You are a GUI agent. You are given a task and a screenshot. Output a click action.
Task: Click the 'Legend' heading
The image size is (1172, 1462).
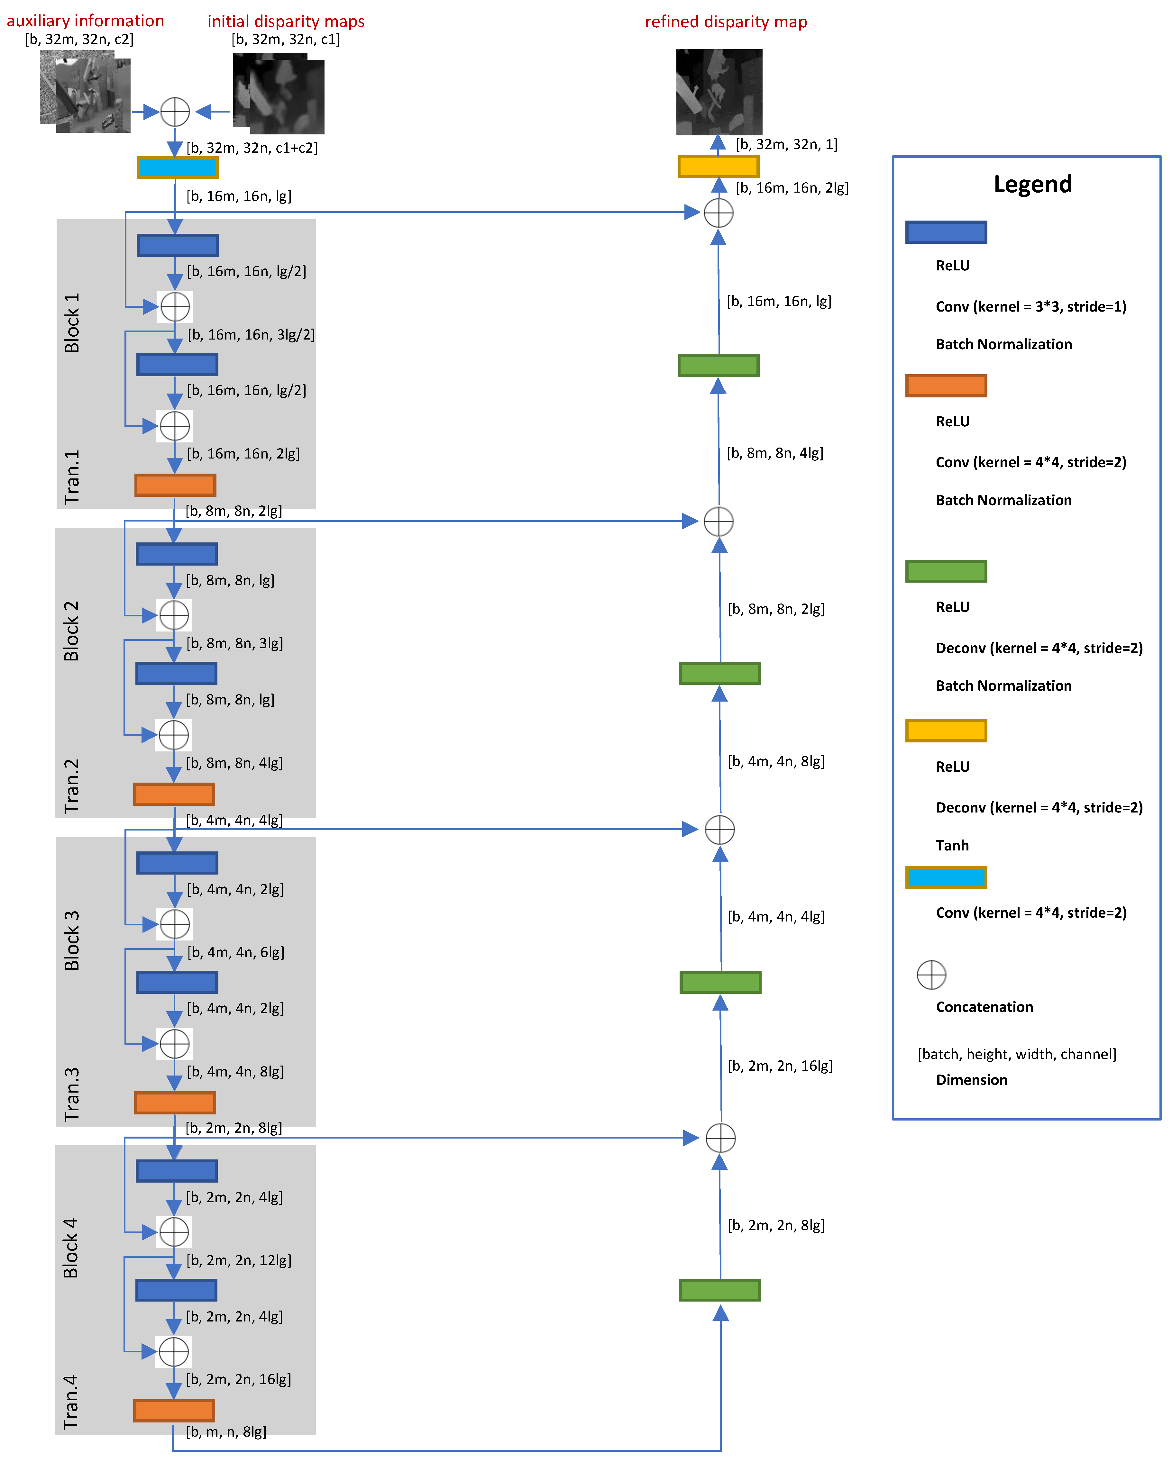point(1032,185)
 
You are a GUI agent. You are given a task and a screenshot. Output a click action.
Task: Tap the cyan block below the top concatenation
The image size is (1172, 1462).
point(178,168)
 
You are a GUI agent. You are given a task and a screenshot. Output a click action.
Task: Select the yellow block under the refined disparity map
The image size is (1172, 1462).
point(718,166)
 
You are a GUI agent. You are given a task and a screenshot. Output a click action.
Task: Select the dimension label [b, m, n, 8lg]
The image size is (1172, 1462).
point(226,1431)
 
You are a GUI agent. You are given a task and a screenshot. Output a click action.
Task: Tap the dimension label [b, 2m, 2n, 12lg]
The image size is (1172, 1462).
point(239,1260)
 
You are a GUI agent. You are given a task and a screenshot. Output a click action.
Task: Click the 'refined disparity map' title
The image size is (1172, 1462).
point(726,22)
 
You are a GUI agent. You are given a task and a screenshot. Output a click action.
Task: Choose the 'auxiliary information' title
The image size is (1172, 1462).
point(86,21)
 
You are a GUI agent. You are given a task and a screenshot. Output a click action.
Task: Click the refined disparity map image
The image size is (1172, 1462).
point(719,92)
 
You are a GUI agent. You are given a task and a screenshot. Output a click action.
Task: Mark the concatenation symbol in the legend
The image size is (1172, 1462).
point(931,975)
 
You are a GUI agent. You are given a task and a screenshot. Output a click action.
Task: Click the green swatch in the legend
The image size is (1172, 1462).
point(946,571)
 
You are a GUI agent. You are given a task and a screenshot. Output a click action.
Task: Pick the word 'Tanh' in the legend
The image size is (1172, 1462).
point(952,845)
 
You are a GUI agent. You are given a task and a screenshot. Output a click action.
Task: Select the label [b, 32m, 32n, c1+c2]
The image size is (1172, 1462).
point(252,148)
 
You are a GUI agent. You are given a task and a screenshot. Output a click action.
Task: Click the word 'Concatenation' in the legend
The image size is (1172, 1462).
point(984,1007)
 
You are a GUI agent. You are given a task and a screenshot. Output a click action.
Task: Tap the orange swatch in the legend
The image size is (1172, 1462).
point(946,386)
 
